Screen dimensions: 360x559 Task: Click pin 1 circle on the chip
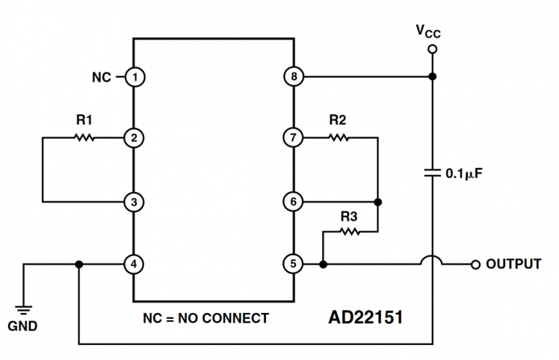pos(135,76)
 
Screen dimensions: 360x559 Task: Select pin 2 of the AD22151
pos(135,138)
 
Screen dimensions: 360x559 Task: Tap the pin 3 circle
pos(135,202)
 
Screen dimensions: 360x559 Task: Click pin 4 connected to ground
pos(135,264)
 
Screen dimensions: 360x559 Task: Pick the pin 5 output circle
pos(293,264)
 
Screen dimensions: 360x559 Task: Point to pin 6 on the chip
pos(293,202)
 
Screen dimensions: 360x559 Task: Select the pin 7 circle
pos(293,138)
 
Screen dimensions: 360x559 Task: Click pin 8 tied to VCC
pos(293,76)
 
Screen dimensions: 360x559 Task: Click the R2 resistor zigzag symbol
pos(338,138)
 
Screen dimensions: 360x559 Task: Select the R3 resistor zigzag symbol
pos(349,232)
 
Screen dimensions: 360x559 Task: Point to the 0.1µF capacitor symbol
pos(432,173)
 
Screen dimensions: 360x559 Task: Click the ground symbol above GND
pos(25,309)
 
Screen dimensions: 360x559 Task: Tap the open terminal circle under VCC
pos(432,50)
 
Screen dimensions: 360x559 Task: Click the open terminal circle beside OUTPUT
pos(475,264)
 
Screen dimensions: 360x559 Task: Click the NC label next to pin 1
pos(102,76)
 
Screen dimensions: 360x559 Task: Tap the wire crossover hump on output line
pos(432,261)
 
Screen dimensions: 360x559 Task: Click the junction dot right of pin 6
pos(378,202)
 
